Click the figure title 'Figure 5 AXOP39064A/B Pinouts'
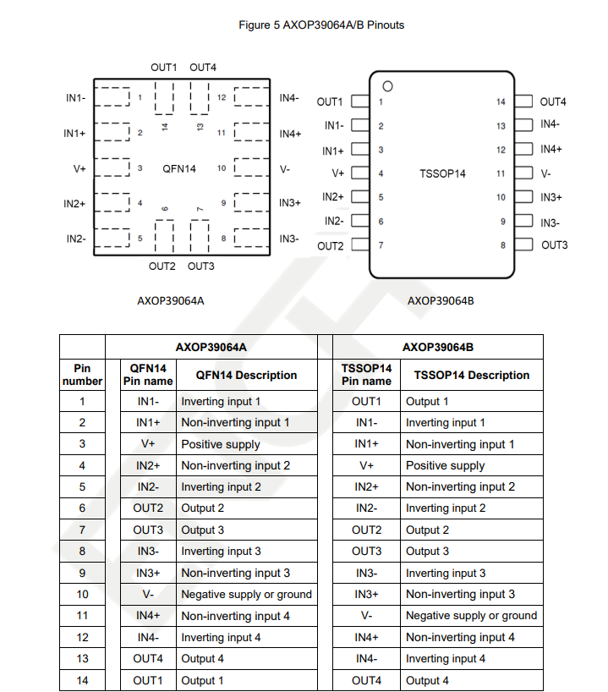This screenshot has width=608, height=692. coord(321,25)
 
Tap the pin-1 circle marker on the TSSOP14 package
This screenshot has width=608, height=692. coord(388,85)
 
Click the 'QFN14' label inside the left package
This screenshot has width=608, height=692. coord(179,168)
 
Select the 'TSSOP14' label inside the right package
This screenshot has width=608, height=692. coord(442,173)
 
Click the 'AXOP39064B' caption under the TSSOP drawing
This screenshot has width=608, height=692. coord(441,300)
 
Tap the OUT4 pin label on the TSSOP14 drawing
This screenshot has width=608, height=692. coord(553,102)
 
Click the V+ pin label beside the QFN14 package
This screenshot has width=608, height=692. coord(79,168)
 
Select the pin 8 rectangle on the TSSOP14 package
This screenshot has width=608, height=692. coord(524,245)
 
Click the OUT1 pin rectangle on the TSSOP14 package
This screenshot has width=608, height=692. coord(359,102)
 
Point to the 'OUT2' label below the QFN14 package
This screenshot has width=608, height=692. coord(162,266)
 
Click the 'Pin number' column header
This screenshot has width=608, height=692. coord(82,375)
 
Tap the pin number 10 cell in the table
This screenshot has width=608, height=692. coord(82,595)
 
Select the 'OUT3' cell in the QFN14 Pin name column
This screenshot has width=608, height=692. coord(148,530)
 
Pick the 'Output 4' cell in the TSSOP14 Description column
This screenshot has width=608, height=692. coord(428,680)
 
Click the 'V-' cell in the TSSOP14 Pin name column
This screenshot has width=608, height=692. coord(367,616)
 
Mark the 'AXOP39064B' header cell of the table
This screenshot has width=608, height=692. coord(437,347)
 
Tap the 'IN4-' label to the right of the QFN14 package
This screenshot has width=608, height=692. coord(289,98)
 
